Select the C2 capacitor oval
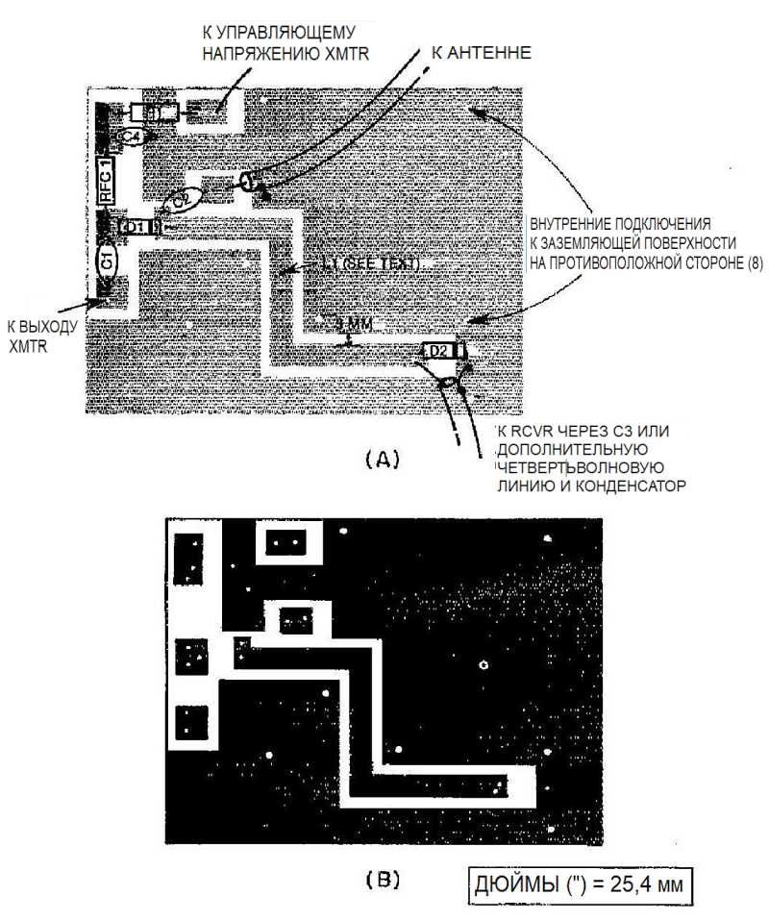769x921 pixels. pyautogui.click(x=181, y=200)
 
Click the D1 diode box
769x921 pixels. pyautogui.click(x=135, y=227)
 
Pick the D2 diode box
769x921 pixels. pyautogui.click(x=438, y=351)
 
